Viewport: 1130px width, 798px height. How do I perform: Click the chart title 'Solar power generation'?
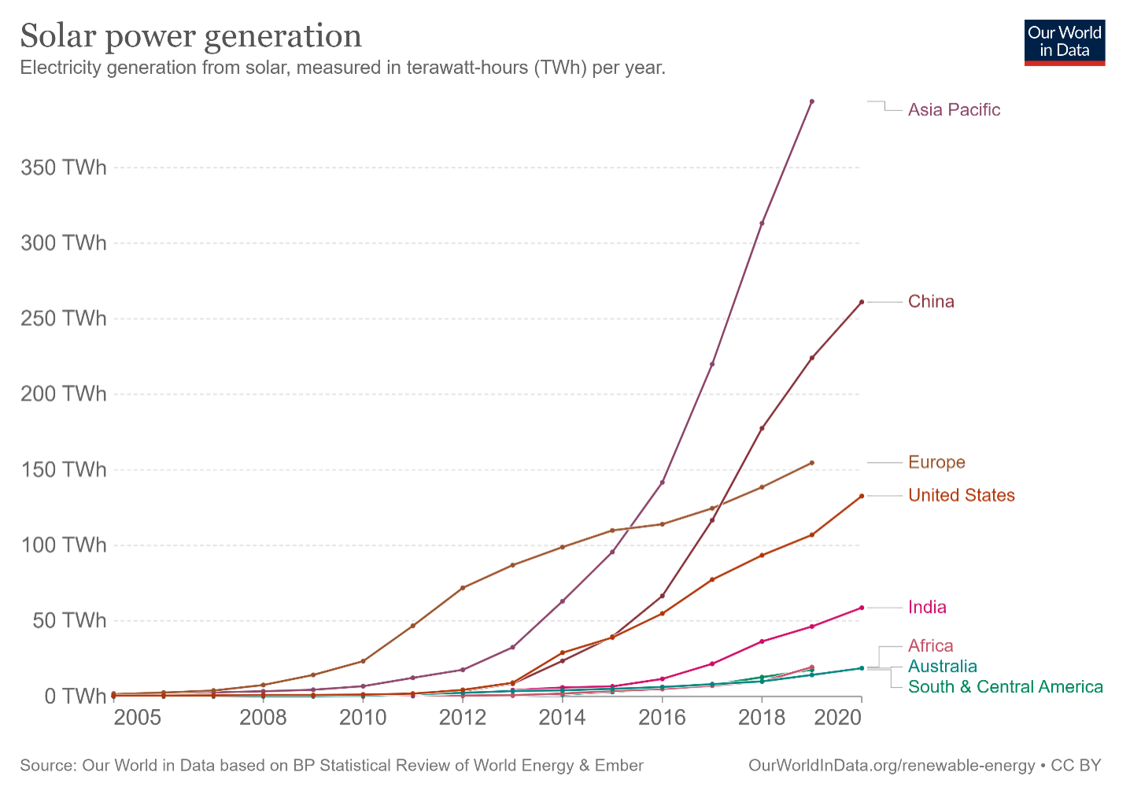pyautogui.click(x=191, y=36)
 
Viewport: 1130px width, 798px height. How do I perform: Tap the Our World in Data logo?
pyautogui.click(x=1064, y=42)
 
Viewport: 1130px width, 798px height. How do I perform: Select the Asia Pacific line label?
pyautogui.click(x=954, y=110)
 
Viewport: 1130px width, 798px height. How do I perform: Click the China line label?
pyautogui.click(x=931, y=302)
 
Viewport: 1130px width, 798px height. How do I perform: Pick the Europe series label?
pyautogui.click(x=936, y=463)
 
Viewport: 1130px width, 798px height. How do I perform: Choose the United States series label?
pyautogui.click(x=961, y=496)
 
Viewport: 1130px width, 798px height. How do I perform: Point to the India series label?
pyautogui.click(x=927, y=608)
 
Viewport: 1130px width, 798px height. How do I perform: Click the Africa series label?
pyautogui.click(x=930, y=646)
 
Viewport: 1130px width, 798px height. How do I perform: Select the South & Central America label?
pyautogui.click(x=1005, y=687)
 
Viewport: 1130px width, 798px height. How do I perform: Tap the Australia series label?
pyautogui.click(x=942, y=667)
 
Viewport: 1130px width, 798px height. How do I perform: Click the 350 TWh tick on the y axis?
pyautogui.click(x=64, y=168)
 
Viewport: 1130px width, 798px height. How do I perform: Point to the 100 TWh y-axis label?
pyautogui.click(x=64, y=545)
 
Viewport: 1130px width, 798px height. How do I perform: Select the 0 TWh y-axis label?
pyautogui.click(x=75, y=696)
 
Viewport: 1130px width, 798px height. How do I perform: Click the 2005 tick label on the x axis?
pyautogui.click(x=138, y=718)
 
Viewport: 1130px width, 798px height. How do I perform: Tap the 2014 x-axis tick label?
pyautogui.click(x=562, y=718)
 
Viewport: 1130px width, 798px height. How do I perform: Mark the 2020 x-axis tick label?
pyautogui.click(x=838, y=718)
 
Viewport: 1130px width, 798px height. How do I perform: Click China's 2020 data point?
pyautogui.click(x=862, y=302)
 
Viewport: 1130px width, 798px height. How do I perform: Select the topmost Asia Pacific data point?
pyautogui.click(x=812, y=102)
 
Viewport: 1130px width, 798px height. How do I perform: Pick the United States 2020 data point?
pyautogui.click(x=862, y=496)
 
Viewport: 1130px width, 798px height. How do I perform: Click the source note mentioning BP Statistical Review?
pyautogui.click(x=331, y=766)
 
